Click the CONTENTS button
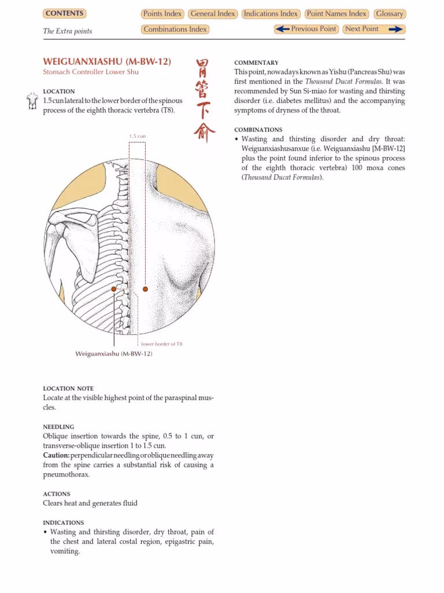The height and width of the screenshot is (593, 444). coord(64,13)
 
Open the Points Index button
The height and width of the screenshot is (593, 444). coord(162,14)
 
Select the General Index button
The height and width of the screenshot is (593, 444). coord(212,14)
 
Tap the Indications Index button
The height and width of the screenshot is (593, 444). coord(271,14)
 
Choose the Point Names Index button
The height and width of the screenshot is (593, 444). coord(336,14)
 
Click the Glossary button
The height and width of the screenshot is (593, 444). coord(389,14)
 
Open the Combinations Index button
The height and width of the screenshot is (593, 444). coord(175,30)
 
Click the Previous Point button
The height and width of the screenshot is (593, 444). coord(306,29)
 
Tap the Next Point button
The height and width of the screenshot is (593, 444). coord(373,29)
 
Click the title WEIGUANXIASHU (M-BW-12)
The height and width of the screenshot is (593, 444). coord(107,61)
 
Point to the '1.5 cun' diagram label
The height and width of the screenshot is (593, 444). coord(137,136)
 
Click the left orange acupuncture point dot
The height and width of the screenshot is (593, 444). coord(114,288)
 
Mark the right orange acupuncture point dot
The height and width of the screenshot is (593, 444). coord(145,288)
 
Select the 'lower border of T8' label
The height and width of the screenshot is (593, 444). coord(161,344)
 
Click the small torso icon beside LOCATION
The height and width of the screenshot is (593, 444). coord(32,102)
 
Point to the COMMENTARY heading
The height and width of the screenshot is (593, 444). coord(256,63)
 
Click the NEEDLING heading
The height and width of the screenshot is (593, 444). coord(58,427)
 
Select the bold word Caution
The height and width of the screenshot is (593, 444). coord(56,455)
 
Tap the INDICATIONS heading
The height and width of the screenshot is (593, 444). coord(63,522)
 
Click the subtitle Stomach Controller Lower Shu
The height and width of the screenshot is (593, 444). coord(91,72)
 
